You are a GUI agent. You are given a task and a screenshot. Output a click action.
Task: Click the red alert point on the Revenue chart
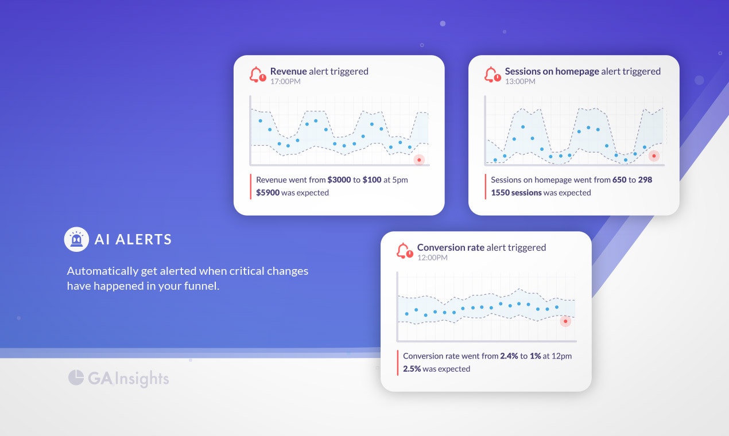point(419,159)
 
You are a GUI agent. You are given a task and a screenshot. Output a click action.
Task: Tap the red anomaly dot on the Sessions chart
point(654,155)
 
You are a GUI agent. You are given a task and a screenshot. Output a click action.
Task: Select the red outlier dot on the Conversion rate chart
point(565,321)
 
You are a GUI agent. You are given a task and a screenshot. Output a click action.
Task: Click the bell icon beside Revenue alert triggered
point(257,75)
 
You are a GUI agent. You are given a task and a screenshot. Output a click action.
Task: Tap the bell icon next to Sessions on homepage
point(491,75)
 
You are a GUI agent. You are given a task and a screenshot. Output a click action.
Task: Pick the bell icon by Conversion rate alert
point(404,251)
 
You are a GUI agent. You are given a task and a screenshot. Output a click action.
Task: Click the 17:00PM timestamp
point(285,81)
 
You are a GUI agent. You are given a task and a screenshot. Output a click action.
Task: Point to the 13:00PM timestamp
point(520,81)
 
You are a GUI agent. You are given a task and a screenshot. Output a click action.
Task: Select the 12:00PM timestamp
point(432,258)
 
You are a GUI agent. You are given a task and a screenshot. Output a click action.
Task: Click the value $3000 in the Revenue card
point(339,180)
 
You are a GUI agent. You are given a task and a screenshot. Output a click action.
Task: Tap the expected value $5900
point(267,193)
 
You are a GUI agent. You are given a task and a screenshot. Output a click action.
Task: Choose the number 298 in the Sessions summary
point(645,180)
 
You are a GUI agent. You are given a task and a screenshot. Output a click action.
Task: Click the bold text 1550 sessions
point(516,193)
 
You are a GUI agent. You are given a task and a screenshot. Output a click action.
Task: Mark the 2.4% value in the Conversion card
point(509,356)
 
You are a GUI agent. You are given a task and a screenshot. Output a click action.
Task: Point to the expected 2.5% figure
point(412,369)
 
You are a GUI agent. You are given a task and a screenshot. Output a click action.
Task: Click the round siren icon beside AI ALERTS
point(76,239)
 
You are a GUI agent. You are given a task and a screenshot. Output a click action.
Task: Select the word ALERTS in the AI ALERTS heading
point(144,240)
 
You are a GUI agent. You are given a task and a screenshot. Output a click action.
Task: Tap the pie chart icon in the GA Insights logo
point(76,377)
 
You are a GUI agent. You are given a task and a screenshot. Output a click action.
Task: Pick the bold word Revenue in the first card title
point(288,71)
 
